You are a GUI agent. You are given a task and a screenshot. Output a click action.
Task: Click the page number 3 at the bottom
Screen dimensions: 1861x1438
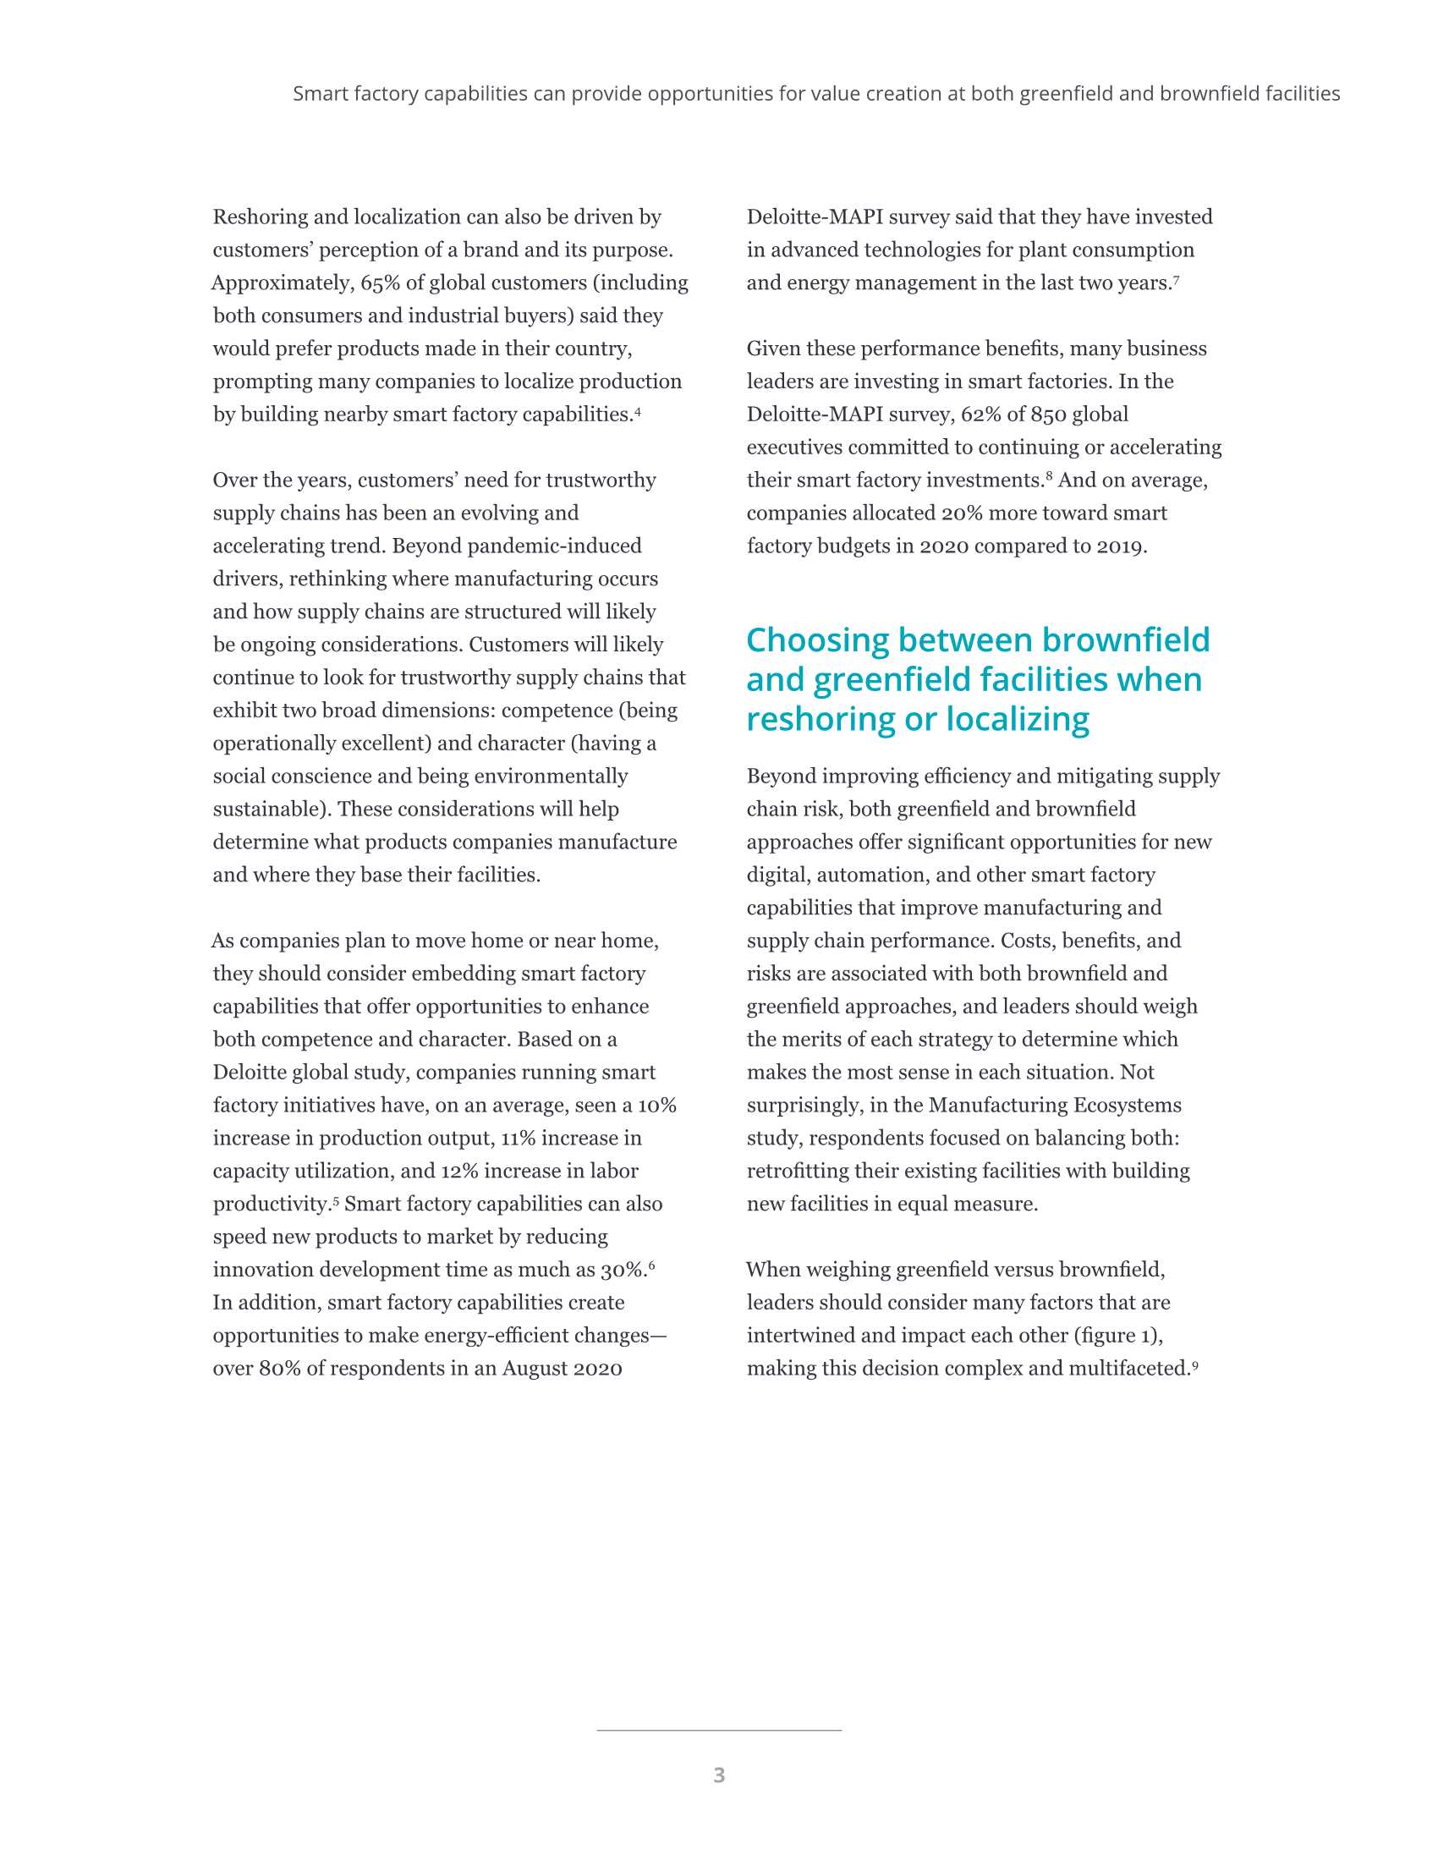pos(719,1775)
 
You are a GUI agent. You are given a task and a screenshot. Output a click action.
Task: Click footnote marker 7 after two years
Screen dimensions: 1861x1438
pos(1176,278)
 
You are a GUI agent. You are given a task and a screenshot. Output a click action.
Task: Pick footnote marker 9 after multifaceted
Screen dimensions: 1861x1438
pos(1195,1364)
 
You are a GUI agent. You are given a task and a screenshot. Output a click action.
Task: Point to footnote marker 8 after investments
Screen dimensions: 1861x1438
pos(1049,475)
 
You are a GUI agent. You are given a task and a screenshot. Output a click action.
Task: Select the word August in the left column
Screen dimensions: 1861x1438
pos(533,1369)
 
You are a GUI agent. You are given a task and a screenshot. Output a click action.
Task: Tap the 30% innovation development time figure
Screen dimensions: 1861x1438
pos(622,1270)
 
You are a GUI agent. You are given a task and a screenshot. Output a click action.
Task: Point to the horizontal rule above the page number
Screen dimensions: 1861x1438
pos(719,1731)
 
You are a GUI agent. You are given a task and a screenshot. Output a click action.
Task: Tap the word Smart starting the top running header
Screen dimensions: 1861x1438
pos(321,94)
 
